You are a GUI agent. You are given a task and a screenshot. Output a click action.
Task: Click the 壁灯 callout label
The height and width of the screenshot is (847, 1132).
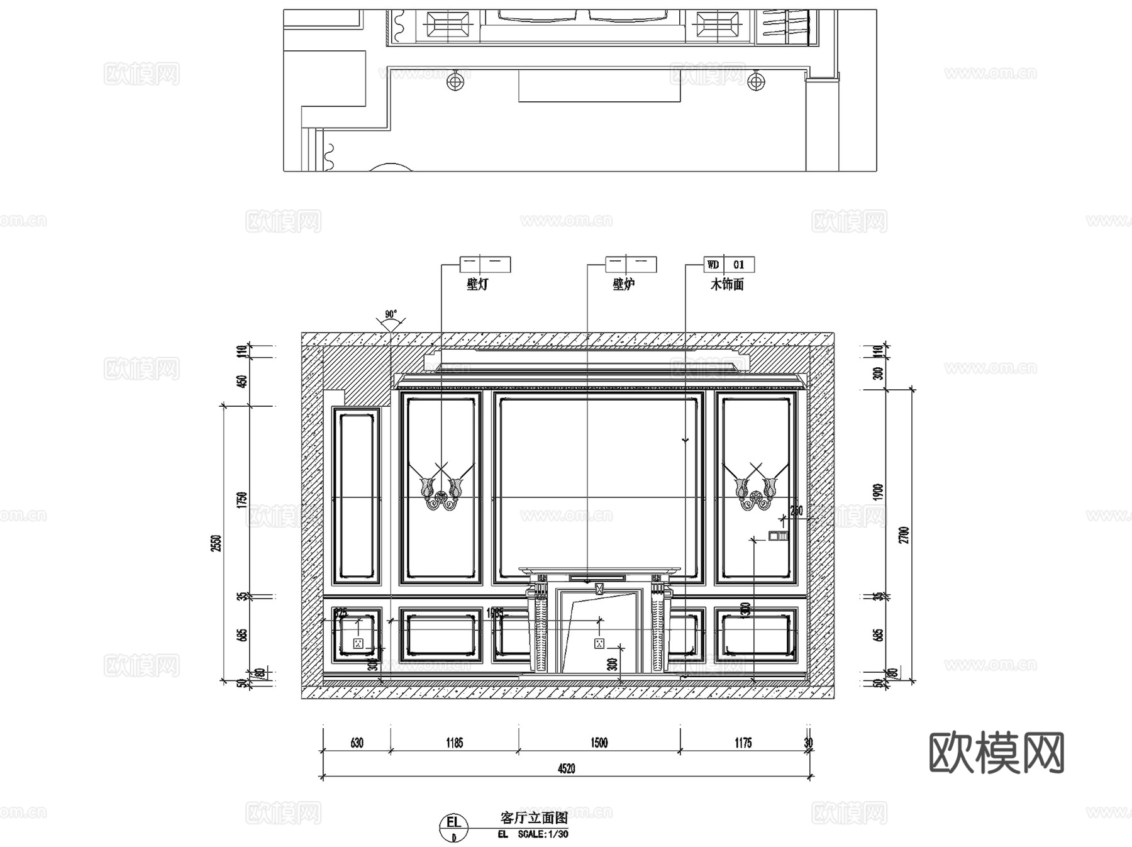(477, 284)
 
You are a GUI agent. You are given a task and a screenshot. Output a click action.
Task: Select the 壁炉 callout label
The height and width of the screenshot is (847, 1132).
(623, 284)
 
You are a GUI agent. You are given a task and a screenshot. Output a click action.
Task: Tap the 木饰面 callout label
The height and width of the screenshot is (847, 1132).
(727, 284)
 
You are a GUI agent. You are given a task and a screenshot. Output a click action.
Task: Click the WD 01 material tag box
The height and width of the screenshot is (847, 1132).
(728, 265)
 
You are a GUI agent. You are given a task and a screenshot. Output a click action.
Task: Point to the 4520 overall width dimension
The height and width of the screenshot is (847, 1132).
(566, 768)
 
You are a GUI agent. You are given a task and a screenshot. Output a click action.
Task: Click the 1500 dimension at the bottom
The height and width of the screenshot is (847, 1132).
(599, 743)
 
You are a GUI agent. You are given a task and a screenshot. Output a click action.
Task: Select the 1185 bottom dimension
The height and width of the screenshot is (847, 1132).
(454, 743)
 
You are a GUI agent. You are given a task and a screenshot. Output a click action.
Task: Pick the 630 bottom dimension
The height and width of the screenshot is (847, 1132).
(356, 743)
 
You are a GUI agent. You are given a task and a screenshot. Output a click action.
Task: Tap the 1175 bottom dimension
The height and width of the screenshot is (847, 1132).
(743, 743)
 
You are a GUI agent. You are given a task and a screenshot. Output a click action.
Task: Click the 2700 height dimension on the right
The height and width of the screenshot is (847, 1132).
(904, 534)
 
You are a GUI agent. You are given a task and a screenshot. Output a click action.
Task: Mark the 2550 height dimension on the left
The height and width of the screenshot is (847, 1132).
(216, 543)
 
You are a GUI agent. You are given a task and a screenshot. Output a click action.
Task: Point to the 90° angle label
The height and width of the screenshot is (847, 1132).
(391, 314)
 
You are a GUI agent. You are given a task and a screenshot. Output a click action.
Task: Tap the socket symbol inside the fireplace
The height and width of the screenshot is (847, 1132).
(599, 643)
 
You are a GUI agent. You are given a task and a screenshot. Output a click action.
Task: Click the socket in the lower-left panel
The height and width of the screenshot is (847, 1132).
(358, 643)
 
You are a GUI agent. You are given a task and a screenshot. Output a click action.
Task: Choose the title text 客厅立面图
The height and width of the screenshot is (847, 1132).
(534, 817)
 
